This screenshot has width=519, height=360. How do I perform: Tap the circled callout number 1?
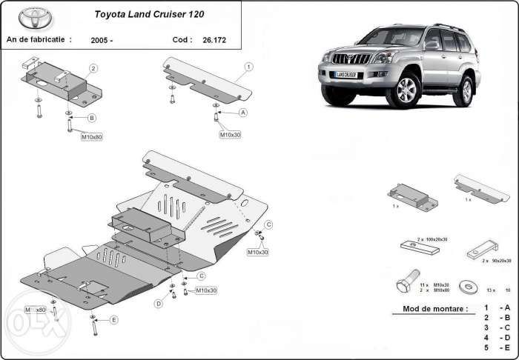[248, 67]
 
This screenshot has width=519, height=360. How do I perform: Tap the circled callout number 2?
[93, 68]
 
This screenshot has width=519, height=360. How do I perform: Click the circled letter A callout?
[242, 113]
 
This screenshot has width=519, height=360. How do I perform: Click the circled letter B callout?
[91, 118]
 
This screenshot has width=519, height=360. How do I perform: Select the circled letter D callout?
[159, 304]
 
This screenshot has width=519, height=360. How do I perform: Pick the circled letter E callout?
[113, 320]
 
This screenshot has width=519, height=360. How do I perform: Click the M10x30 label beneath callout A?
[230, 135]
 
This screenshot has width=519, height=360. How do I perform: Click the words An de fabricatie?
[39, 40]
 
